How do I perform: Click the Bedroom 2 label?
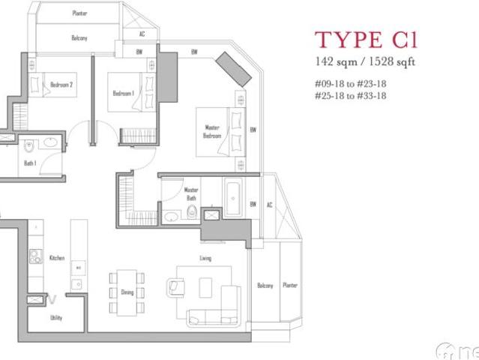[61, 85]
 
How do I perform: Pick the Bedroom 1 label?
[123, 93]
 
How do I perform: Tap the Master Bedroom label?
[212, 131]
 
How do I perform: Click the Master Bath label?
[191, 193]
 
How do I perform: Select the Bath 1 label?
[30, 163]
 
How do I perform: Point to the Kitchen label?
[57, 258]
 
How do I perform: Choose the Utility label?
[56, 318]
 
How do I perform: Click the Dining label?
[127, 292]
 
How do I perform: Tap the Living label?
[205, 259]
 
